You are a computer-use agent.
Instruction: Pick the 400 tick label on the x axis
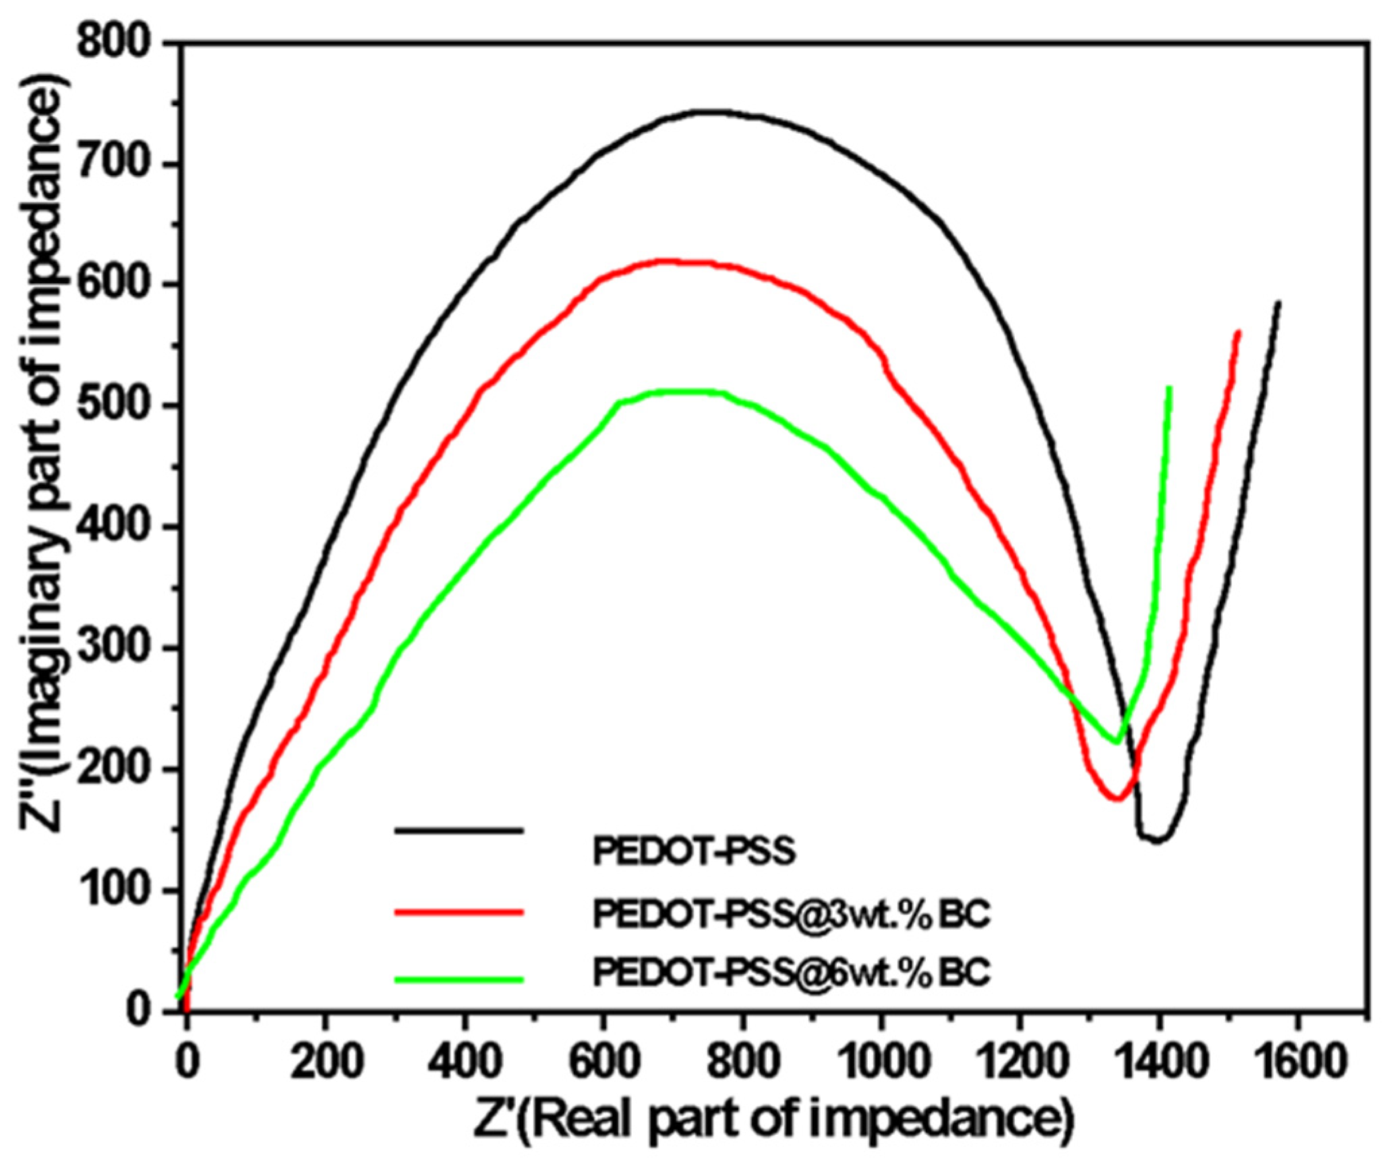click(x=464, y=1059)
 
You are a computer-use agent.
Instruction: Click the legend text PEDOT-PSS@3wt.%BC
click(x=792, y=915)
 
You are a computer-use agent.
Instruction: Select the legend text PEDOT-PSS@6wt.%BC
click(x=792, y=972)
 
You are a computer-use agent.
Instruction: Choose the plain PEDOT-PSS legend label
click(x=695, y=852)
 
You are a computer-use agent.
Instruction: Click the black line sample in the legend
click(x=459, y=831)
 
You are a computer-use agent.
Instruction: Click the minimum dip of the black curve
click(x=1157, y=840)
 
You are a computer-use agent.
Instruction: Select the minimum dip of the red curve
click(x=1116, y=799)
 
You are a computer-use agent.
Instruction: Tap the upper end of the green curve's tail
click(x=1169, y=388)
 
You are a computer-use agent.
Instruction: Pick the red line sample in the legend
click(x=459, y=910)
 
